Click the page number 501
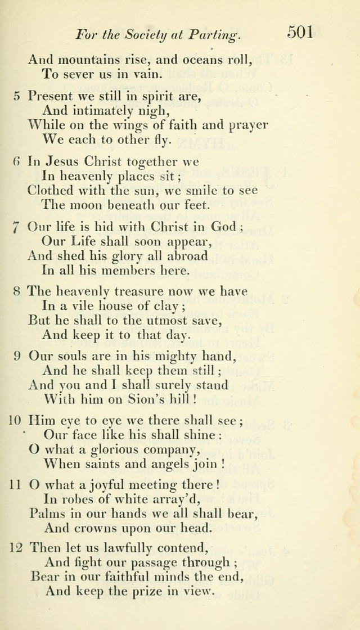pos(300,32)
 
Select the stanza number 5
pos(17,96)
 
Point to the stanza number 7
pos(17,228)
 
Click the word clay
pos(160,307)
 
